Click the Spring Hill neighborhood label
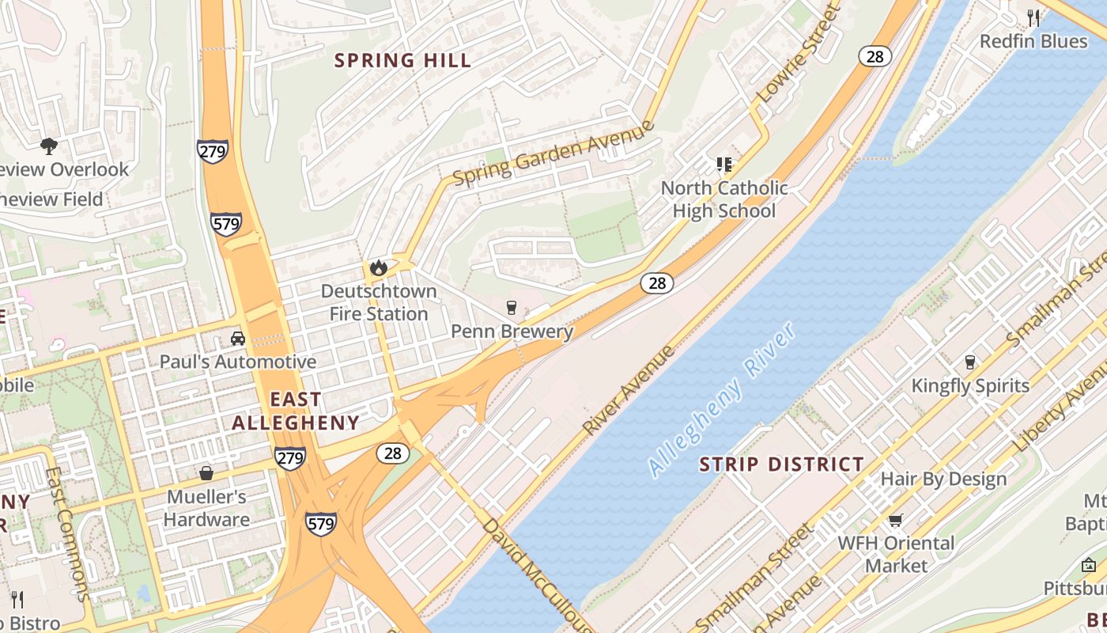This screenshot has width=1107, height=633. [402, 60]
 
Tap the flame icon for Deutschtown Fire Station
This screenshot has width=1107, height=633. [379, 267]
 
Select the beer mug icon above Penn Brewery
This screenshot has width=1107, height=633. [512, 307]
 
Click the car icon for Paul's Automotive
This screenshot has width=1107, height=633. [237, 339]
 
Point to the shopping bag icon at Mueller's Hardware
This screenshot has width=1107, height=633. [206, 473]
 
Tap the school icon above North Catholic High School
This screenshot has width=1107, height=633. [724, 165]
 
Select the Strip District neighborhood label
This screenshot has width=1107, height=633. [781, 464]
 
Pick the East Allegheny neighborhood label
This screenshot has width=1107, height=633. [296, 411]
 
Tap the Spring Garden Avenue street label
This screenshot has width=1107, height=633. [553, 154]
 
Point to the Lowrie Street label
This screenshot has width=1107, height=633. [796, 55]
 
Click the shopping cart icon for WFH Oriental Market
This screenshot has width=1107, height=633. [895, 520]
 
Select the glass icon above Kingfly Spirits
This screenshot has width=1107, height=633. [970, 362]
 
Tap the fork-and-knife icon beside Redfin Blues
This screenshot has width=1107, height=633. [1033, 17]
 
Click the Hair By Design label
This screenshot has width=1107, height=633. [943, 479]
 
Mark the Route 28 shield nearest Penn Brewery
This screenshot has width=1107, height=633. [657, 282]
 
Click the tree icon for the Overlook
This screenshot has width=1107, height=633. [49, 146]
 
